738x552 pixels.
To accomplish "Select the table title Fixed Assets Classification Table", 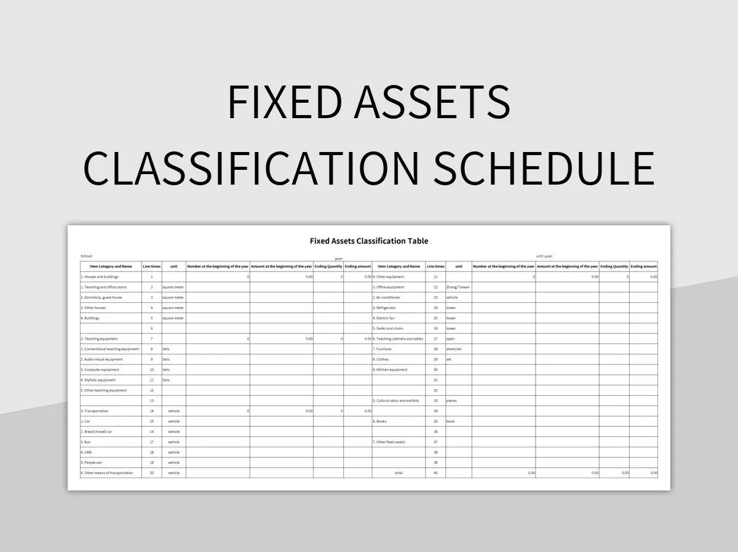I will tap(369, 241).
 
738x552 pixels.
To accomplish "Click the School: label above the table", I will tap(87, 256).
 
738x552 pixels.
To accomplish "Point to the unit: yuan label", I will tap(544, 256).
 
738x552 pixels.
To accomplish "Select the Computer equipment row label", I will tap(101, 370).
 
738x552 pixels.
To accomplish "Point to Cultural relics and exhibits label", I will tap(395, 401).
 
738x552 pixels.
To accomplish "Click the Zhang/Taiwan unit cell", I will tap(458, 287).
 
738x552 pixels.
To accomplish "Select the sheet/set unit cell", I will tap(454, 349).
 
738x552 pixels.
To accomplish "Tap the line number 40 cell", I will tap(435, 473).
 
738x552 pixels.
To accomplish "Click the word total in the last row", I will tap(399, 473).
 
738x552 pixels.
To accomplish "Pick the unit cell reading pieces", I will tap(451, 401).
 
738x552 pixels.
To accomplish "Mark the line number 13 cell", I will tap(151, 401).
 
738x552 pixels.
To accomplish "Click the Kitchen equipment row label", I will tap(390, 370).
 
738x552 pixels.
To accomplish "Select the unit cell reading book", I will tap(450, 422).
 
